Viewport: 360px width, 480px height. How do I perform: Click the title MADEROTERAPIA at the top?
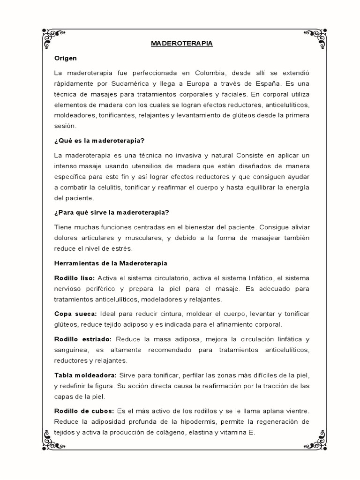[x=182, y=44]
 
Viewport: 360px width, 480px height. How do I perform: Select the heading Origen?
[x=66, y=58]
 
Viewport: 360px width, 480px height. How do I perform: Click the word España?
[x=268, y=83]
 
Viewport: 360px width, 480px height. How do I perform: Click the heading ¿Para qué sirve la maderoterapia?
[x=112, y=212]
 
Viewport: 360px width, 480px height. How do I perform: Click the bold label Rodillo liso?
[x=75, y=278]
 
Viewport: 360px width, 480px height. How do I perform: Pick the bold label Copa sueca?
[x=75, y=314]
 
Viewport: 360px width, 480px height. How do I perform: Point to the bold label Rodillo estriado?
[x=83, y=339]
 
